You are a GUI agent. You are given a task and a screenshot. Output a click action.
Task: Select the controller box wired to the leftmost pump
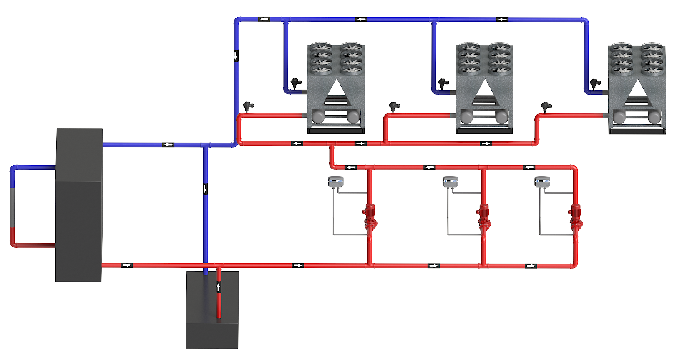(336, 181)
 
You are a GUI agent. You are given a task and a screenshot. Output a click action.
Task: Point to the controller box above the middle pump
(450, 182)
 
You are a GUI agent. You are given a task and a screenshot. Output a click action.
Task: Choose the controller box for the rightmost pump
(542, 182)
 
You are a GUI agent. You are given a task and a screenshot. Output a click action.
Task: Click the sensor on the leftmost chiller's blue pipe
(296, 83)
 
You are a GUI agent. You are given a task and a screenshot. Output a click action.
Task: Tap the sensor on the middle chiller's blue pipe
(443, 83)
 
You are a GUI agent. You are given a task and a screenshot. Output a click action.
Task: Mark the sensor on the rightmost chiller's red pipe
(546, 107)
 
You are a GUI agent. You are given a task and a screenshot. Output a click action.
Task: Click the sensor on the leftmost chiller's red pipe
(248, 106)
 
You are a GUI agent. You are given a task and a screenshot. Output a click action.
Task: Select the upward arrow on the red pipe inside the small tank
(218, 287)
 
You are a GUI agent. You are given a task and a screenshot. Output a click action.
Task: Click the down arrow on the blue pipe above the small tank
(205, 189)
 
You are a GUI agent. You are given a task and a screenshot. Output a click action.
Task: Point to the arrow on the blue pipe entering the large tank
(168, 145)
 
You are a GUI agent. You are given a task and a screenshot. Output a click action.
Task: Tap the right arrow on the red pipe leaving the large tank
(126, 265)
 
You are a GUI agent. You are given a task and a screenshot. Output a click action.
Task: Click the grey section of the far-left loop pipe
(13, 207)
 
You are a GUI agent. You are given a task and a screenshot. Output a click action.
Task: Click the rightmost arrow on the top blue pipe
(502, 20)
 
